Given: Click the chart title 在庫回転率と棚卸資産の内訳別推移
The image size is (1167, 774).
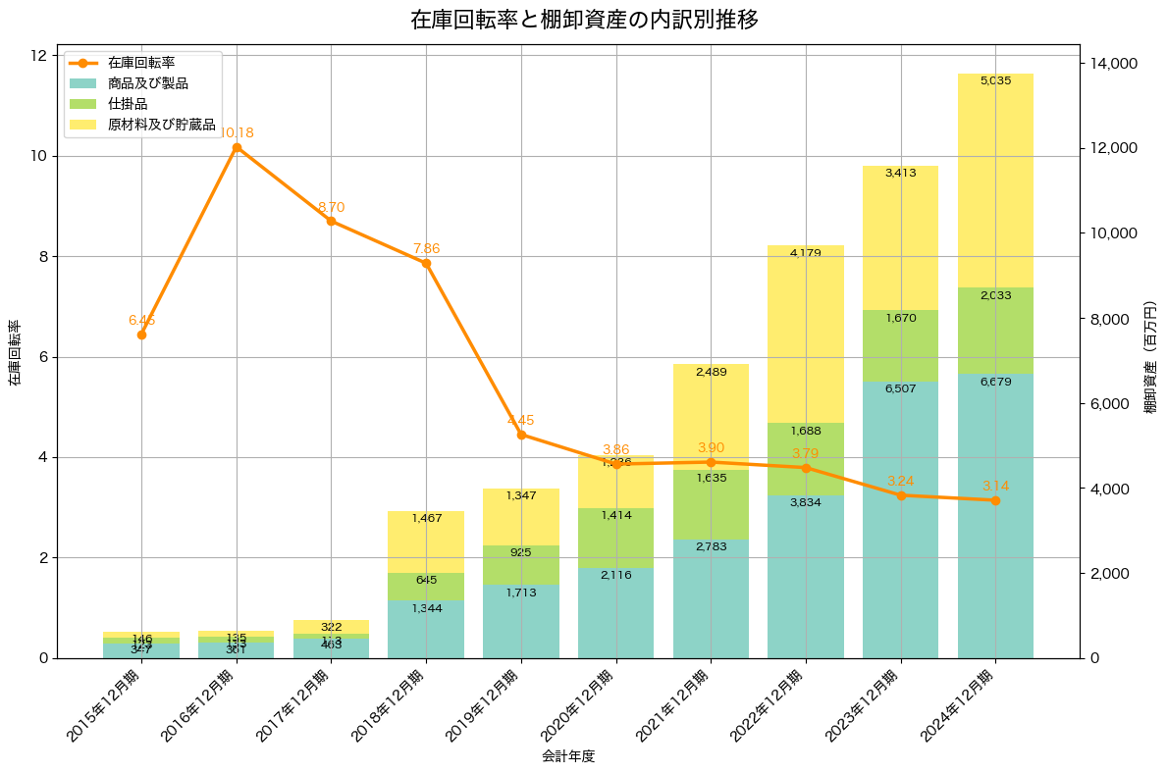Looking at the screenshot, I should [584, 20].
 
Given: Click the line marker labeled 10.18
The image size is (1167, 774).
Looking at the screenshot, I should [237, 147].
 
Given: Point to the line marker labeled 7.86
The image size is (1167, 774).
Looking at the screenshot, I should [426, 263].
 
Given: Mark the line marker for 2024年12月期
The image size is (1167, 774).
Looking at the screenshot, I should [995, 500].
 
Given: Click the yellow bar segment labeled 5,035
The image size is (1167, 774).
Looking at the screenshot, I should [995, 181].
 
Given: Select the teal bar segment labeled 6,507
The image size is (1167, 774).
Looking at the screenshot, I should [900, 520].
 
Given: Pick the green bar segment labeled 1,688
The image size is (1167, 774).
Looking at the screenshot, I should [805, 459].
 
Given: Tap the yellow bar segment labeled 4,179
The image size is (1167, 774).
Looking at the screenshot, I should [805, 334].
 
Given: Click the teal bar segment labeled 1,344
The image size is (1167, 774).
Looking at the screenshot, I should [426, 629].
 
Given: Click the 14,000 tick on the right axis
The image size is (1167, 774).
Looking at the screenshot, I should [1115, 64].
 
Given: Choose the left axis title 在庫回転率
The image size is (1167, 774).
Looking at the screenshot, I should [14, 353].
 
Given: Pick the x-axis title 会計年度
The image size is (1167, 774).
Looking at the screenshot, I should [568, 756].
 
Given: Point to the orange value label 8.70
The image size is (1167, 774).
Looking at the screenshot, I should [331, 207].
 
